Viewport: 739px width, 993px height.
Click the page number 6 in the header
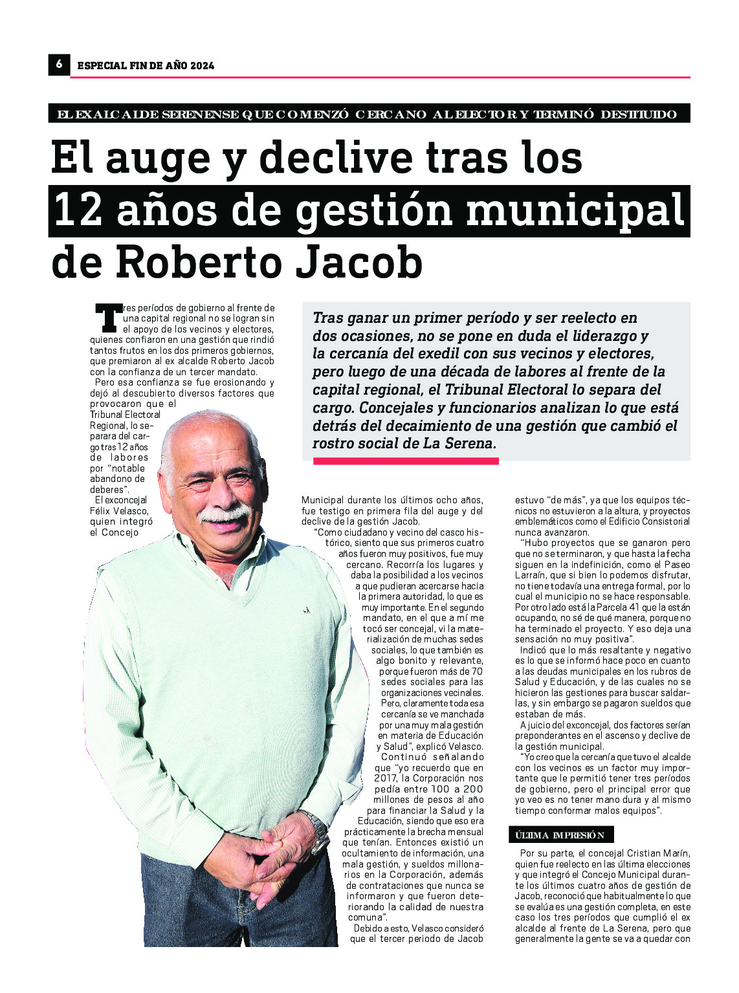[59, 64]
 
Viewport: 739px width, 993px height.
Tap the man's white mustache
[223, 514]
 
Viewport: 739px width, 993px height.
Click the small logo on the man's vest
[306, 610]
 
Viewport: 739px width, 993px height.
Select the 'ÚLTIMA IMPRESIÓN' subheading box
[560, 835]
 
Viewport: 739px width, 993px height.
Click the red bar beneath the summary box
[406, 461]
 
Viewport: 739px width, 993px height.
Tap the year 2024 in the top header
[202, 65]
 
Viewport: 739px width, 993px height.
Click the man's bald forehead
[207, 440]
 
